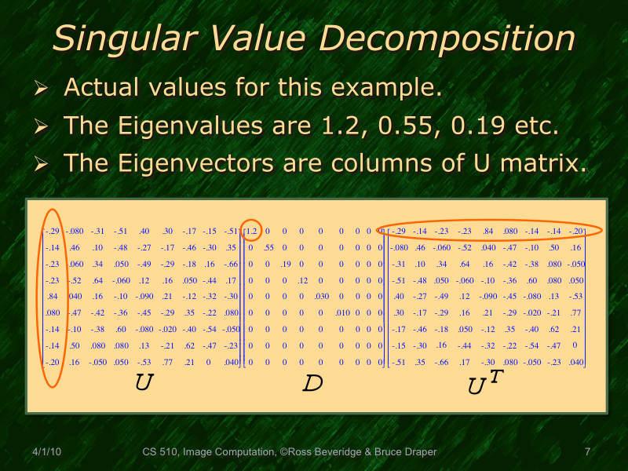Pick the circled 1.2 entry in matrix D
[x=251, y=231]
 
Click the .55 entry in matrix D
[x=268, y=247]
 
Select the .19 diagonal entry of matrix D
[x=286, y=264]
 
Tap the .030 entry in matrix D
[x=321, y=296]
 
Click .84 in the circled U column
[x=53, y=296]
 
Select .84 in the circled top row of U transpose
[x=488, y=231]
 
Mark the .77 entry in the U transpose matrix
[x=576, y=312]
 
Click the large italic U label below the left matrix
[x=144, y=382]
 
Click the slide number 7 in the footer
[x=587, y=452]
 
